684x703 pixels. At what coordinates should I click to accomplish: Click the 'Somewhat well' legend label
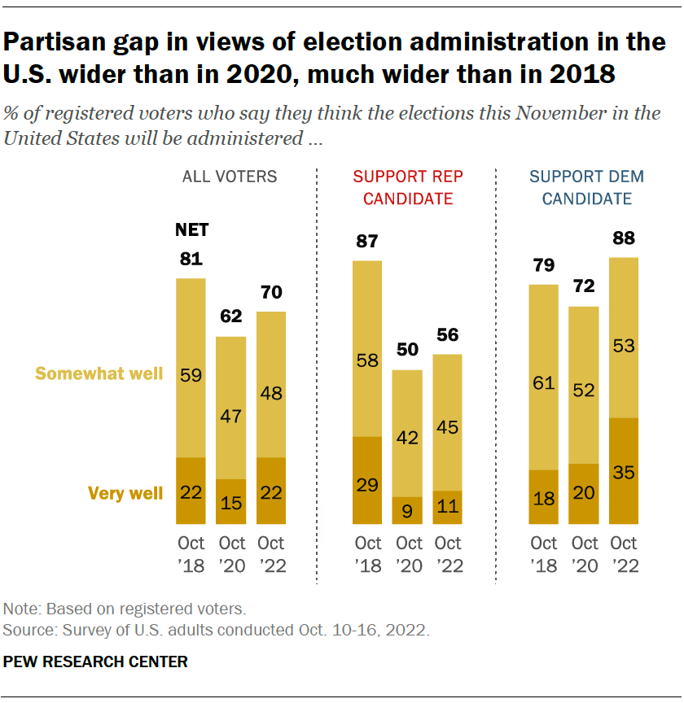[99, 373]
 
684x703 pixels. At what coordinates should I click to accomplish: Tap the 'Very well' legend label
[126, 492]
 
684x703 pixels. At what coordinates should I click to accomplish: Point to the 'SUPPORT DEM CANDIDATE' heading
[585, 188]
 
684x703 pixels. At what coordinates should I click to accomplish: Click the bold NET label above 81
[192, 230]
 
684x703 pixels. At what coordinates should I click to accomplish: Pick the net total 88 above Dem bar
[625, 239]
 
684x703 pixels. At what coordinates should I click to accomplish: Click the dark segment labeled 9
[407, 510]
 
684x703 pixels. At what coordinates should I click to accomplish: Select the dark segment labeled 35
[625, 471]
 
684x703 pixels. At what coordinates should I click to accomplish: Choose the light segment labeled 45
[447, 422]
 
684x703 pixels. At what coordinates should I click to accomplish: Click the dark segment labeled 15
[230, 501]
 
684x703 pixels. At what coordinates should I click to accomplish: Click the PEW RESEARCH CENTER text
[95, 662]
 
